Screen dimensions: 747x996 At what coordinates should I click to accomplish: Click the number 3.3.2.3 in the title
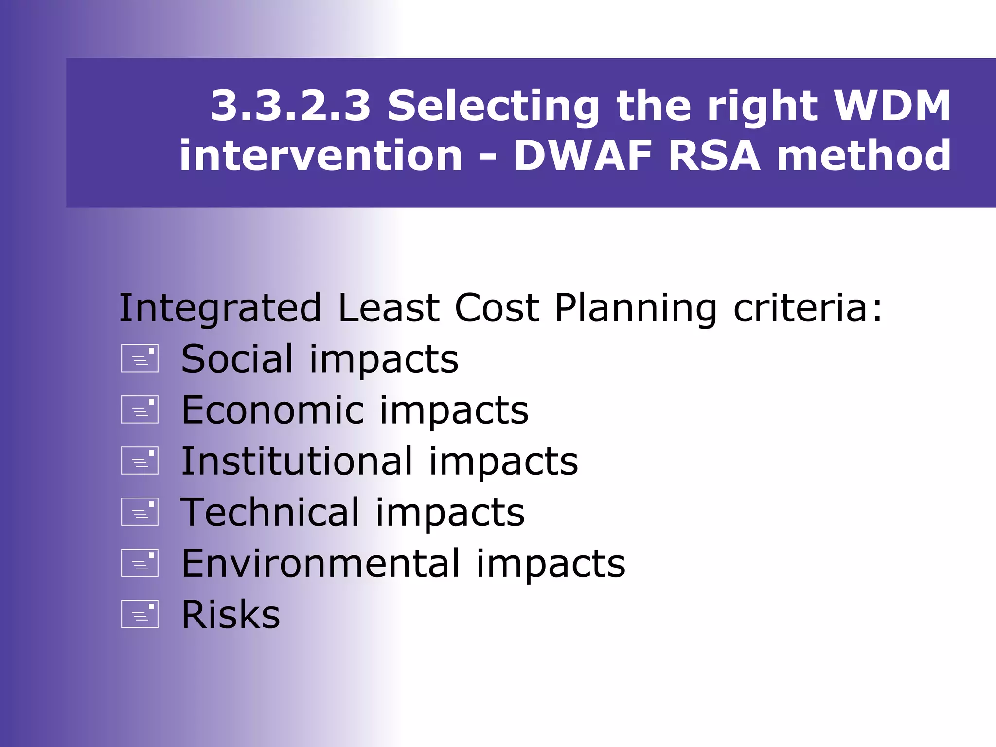click(x=290, y=106)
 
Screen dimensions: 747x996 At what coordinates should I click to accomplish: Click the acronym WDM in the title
click(x=892, y=106)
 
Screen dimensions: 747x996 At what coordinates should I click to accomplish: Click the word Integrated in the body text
click(x=220, y=308)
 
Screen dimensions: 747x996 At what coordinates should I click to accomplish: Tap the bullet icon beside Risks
click(x=140, y=614)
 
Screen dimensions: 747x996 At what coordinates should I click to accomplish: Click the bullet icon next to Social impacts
click(x=140, y=359)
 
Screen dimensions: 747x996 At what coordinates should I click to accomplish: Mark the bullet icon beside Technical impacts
click(x=140, y=512)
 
